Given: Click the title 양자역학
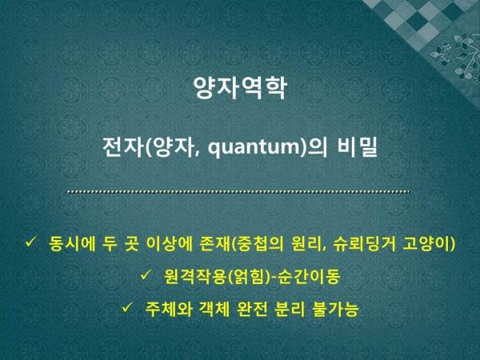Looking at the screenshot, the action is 240,88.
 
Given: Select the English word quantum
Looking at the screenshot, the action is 254,148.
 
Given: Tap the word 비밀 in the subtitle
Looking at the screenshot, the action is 357,146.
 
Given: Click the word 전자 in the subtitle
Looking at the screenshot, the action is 124,146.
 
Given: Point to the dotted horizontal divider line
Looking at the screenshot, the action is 238,192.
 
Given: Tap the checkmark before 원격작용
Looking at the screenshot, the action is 146,274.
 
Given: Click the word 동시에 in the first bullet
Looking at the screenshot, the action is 72,244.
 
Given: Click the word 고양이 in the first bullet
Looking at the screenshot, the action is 426,244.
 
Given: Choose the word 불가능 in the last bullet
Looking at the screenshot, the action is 335,309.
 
